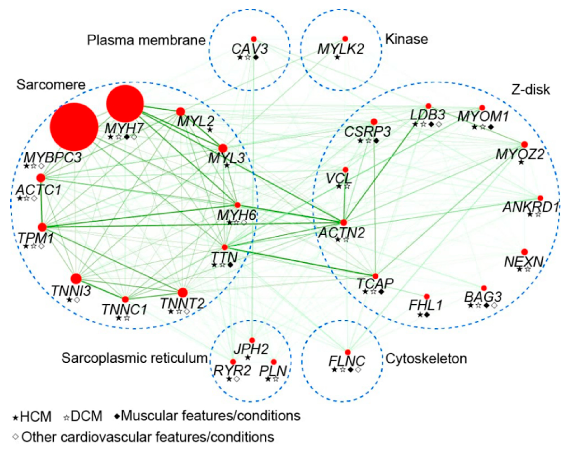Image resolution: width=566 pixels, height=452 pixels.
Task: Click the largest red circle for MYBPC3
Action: (x=74, y=126)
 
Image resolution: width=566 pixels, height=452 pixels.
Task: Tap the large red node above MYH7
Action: (x=125, y=103)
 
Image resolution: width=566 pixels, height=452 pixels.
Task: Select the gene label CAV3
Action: (x=250, y=49)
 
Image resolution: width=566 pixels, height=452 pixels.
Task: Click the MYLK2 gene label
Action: (x=341, y=49)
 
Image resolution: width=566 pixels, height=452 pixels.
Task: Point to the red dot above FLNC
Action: (x=348, y=352)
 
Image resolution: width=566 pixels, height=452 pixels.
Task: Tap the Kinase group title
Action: (x=406, y=39)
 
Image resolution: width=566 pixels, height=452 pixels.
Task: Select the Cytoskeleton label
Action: (x=426, y=359)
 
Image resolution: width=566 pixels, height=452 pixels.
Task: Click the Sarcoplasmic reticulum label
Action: (x=135, y=358)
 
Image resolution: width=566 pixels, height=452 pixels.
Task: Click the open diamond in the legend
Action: (x=16, y=437)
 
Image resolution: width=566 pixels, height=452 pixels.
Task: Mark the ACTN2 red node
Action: (x=344, y=222)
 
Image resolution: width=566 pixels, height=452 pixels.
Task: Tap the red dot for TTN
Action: (x=224, y=247)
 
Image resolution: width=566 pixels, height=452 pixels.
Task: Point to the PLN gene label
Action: (x=273, y=371)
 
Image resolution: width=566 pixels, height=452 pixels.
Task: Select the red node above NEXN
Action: (x=524, y=252)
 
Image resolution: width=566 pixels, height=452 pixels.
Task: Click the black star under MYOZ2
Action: (x=521, y=162)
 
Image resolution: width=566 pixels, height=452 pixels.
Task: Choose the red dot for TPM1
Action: (x=42, y=227)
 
